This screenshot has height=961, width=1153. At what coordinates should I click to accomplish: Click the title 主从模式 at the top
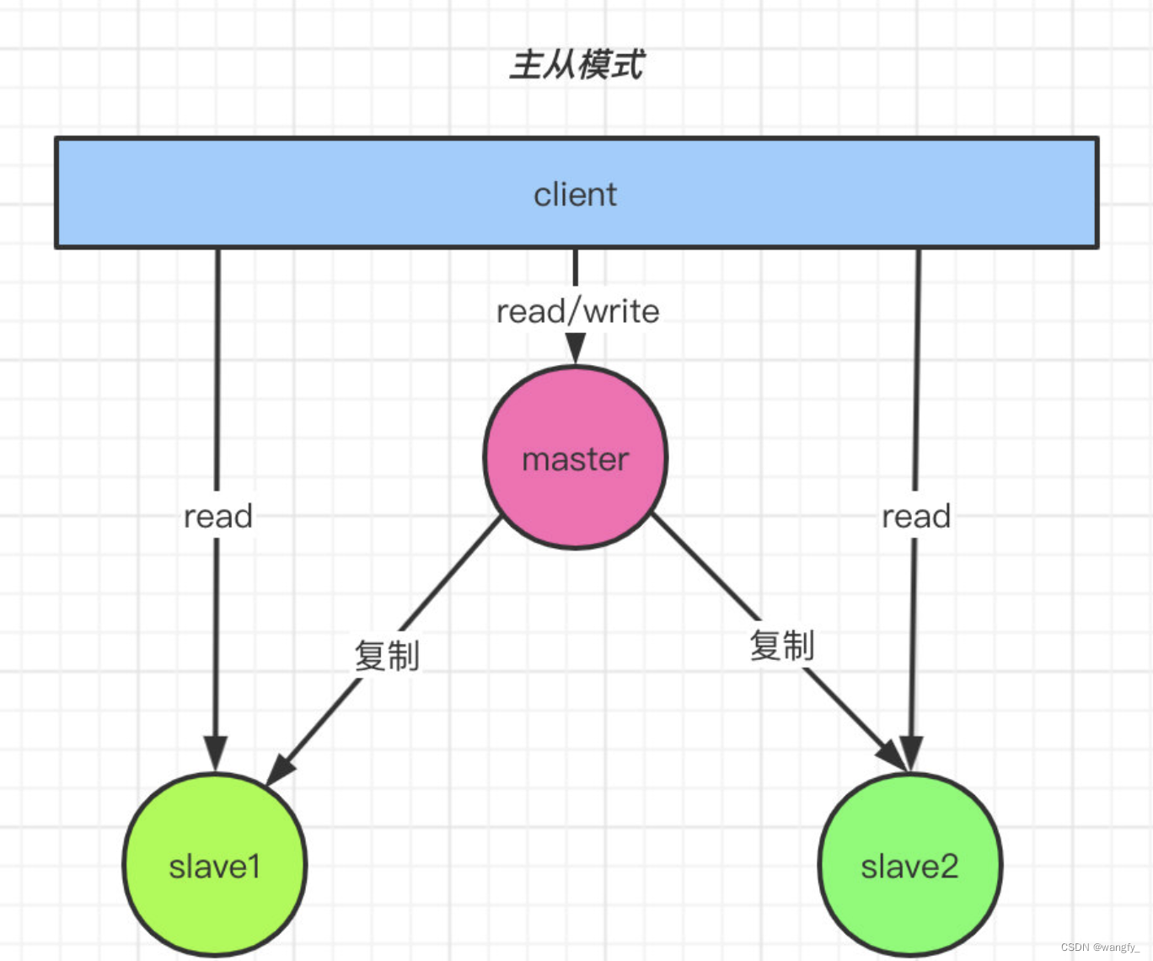coord(576,65)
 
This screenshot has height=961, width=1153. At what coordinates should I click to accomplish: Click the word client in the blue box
coord(575,195)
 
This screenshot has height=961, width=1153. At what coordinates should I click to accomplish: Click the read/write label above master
coord(577,312)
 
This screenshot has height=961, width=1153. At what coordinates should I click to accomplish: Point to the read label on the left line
coord(218,516)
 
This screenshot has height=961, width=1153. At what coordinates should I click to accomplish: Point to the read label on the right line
coord(916,516)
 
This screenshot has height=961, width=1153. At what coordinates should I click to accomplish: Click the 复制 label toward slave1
coord(387,655)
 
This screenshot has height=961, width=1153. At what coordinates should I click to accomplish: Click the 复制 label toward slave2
coord(781,646)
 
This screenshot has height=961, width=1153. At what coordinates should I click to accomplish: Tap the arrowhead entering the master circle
coord(576,348)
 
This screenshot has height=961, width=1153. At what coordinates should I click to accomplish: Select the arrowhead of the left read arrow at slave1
coord(216,752)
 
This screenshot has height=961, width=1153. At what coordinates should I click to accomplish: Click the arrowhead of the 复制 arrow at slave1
coord(282,768)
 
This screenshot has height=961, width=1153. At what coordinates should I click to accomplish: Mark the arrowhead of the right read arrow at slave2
coord(911,752)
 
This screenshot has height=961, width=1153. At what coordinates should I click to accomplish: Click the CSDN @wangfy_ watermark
coord(1099,948)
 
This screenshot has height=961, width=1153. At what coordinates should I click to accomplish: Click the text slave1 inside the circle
coord(215,867)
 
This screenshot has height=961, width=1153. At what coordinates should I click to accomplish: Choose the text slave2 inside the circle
coord(909,867)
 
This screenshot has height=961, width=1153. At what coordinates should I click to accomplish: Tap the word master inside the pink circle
coord(576,460)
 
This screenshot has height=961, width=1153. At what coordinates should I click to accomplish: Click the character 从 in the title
coord(559,65)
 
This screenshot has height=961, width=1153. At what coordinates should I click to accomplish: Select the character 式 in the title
coord(628,65)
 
